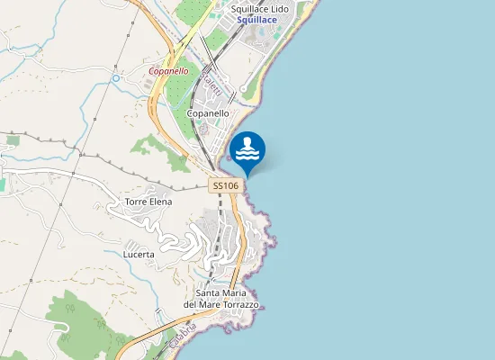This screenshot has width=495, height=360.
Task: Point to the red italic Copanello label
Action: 168,70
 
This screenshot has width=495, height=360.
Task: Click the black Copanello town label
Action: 208,114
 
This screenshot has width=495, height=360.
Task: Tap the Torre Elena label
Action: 148,202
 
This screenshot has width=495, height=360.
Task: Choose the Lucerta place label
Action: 139,255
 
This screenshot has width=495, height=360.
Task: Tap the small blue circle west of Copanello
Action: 116,78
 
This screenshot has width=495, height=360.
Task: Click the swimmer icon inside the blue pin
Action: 247,143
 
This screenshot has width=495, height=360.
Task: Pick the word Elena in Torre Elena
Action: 160,202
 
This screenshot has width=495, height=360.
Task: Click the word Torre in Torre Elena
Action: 136,202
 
